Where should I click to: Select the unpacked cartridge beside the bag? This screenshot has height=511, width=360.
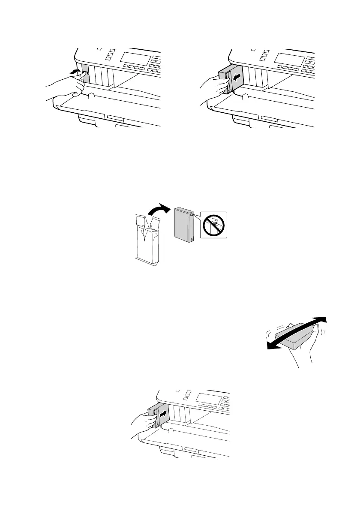pos(185,228)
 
